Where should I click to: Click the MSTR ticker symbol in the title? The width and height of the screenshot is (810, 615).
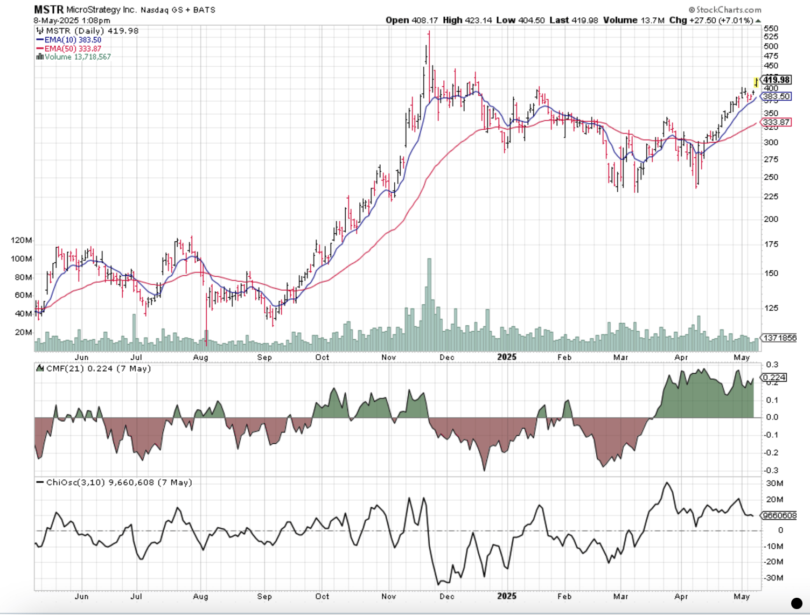[x=48, y=10]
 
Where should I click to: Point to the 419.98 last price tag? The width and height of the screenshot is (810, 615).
[x=776, y=80]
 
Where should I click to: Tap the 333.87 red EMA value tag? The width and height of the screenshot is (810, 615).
[x=776, y=122]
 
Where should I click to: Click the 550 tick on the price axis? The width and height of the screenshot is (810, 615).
[x=771, y=28]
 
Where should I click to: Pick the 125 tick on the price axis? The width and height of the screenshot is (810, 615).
[x=771, y=308]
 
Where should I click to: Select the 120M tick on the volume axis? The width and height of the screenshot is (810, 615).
[x=22, y=240]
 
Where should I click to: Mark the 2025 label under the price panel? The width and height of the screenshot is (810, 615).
[x=506, y=357]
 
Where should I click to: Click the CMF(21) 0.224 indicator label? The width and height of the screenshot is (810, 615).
[x=97, y=369]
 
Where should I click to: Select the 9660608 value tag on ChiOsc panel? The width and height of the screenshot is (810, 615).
[x=778, y=515]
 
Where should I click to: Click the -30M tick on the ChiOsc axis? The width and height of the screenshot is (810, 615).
[x=774, y=578]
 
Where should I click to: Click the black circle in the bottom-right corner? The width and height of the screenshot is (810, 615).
[x=797, y=603]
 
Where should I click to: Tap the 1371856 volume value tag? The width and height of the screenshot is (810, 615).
[x=779, y=338]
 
